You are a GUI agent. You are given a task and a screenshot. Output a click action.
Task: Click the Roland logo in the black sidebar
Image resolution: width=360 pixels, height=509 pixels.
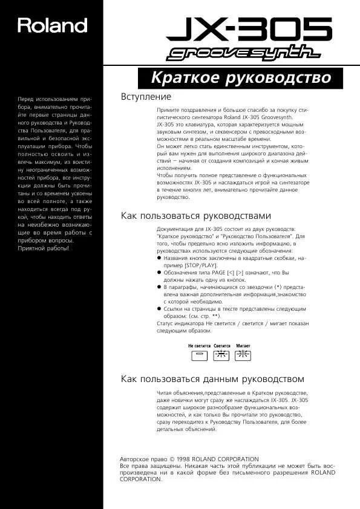coord(52,25)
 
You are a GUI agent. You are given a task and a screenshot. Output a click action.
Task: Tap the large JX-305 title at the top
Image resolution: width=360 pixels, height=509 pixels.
coord(249,29)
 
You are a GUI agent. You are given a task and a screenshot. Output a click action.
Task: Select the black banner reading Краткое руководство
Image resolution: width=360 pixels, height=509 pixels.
coord(240,78)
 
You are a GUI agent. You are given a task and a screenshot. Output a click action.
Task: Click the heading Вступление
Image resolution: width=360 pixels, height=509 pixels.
coord(146,97)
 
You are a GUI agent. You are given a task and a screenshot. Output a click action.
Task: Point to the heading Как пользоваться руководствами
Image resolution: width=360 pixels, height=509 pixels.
coord(196,215)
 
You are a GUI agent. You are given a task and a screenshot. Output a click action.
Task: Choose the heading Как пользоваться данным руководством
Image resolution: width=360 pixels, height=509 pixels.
coord(212,379)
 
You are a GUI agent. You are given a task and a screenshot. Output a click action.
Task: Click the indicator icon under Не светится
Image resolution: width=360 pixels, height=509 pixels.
coord(198,355)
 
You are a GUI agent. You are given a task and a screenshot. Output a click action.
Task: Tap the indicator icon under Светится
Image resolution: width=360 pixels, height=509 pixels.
coord(221,355)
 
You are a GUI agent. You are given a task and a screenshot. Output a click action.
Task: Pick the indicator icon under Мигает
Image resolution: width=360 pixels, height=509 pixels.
coord(243,355)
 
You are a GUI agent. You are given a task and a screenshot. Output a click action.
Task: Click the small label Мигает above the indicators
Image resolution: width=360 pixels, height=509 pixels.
coord(243,345)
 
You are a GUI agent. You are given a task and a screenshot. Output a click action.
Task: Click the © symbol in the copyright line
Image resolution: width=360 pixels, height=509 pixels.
coord(172,459)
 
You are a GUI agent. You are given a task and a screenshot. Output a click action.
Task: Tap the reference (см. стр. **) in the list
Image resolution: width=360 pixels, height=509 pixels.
coord(200,316)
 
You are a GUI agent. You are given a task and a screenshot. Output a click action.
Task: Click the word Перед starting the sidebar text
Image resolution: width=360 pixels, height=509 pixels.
coord(26,99)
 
